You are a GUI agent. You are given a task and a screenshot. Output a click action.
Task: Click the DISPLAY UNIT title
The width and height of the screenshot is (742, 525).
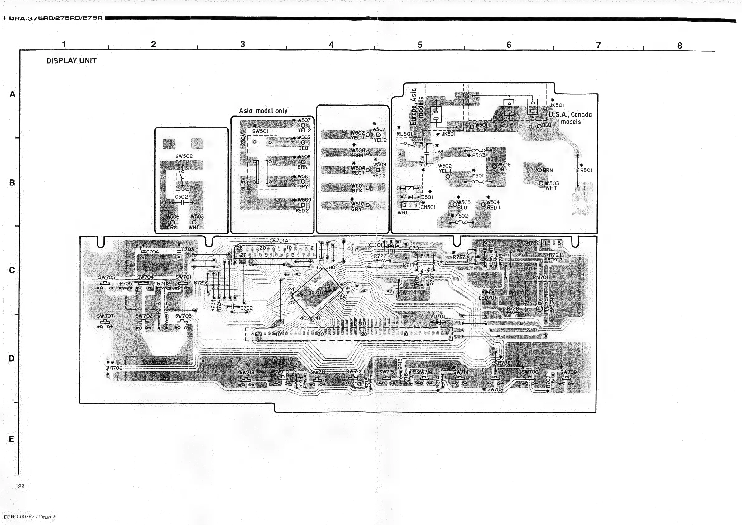pyautogui.click(x=71, y=60)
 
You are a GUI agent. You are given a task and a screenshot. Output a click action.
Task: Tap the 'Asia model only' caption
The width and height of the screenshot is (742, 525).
pyautogui.click(x=263, y=111)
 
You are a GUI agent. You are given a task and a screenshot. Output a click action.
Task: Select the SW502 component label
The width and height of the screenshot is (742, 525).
pyautogui.click(x=184, y=156)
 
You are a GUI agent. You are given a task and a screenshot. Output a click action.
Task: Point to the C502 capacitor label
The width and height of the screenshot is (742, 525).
pyautogui.click(x=181, y=196)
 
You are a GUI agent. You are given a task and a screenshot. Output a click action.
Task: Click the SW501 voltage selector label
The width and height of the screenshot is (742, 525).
pyautogui.click(x=260, y=131)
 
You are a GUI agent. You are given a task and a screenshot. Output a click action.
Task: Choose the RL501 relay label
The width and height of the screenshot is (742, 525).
pyautogui.click(x=404, y=134)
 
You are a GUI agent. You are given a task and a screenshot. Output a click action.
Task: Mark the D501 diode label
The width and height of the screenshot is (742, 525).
pyautogui.click(x=427, y=197)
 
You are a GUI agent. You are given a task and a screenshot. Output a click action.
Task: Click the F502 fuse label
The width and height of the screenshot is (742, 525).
pyautogui.click(x=462, y=216)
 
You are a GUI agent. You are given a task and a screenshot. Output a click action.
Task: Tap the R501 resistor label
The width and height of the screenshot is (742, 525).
pyautogui.click(x=586, y=170)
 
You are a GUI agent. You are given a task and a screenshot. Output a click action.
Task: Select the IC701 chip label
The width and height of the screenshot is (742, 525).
pyautogui.click(x=316, y=292)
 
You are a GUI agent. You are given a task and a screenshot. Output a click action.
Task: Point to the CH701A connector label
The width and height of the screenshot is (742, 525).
pyautogui.click(x=279, y=240)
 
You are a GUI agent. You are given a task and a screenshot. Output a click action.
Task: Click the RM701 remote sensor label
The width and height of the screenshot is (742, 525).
pyautogui.click(x=540, y=277)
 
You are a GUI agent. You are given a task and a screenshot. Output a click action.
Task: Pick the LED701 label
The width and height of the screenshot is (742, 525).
pyautogui.click(x=487, y=297)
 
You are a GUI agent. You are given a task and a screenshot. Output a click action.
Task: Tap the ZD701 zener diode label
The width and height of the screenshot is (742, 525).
pyautogui.click(x=438, y=316)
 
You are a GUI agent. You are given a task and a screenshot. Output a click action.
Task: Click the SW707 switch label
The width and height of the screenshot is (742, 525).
pyautogui.click(x=105, y=316)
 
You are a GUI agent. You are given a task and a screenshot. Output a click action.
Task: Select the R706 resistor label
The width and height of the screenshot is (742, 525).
pyautogui.click(x=116, y=368)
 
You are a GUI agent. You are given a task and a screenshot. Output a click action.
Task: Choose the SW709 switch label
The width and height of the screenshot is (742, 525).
pyautogui.click(x=568, y=372)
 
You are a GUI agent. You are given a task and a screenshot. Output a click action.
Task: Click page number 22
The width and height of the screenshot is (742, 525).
pyautogui.click(x=21, y=486)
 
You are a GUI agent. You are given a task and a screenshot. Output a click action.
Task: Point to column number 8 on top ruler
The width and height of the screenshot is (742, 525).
pyautogui.click(x=680, y=46)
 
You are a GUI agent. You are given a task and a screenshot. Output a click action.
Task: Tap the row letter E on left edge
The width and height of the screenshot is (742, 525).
pyautogui.click(x=12, y=439)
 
